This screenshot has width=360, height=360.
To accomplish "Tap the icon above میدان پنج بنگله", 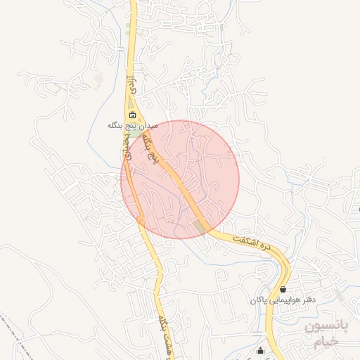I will (x=132, y=115).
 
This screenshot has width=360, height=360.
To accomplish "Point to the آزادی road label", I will (x=130, y=85).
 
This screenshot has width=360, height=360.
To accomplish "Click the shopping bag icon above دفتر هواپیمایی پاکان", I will (x=283, y=289).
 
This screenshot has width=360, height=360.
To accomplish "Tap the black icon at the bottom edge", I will (x=262, y=352).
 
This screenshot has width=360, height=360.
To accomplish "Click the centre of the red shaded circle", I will (x=180, y=179).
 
